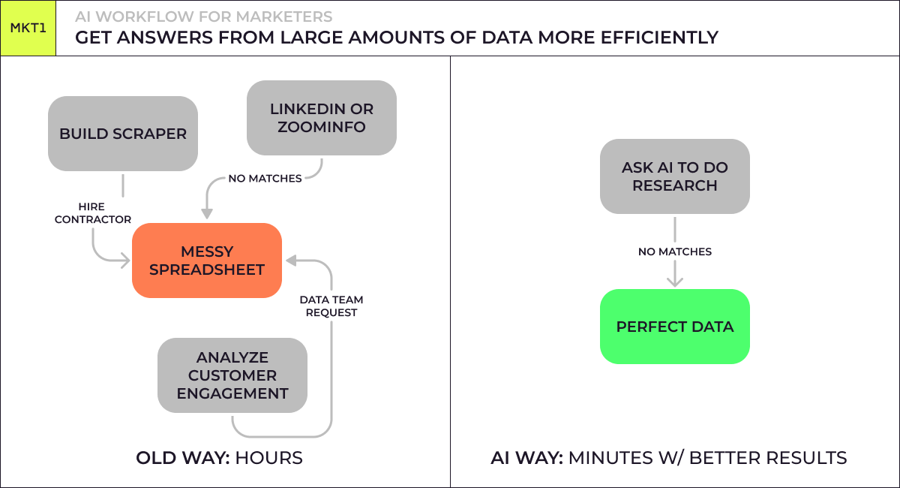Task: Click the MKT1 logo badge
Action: point(28,29)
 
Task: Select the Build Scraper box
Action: point(123,134)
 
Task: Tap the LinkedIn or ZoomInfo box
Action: point(322,118)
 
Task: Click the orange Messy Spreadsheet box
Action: point(207,260)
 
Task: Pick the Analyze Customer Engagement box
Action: point(232,375)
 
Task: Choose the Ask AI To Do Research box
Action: point(675,176)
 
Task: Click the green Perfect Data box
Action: point(675,327)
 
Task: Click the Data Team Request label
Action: point(331,306)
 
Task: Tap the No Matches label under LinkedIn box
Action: point(265,179)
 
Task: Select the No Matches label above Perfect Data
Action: point(675,252)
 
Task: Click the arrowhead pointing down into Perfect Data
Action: point(675,282)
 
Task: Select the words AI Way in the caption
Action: point(526,457)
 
